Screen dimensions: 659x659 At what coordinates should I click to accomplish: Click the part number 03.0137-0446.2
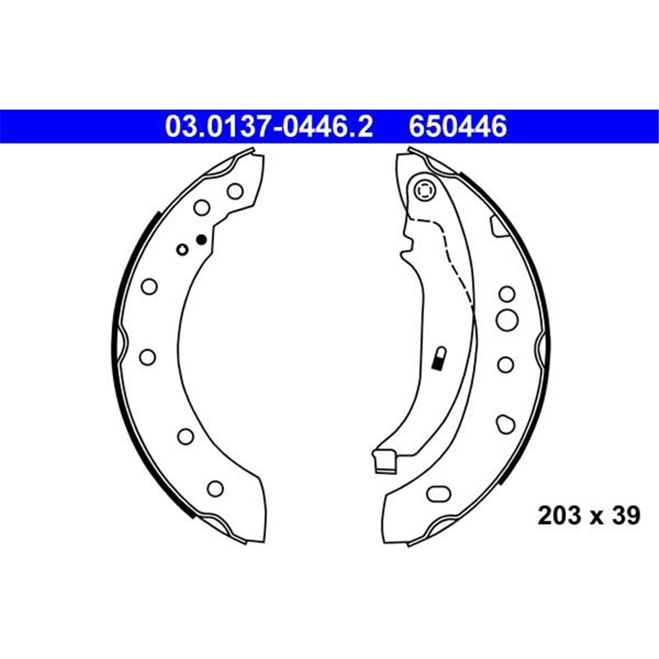270,127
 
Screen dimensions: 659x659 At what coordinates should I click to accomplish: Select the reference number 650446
456,127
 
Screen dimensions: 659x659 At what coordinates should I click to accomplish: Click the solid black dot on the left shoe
199,240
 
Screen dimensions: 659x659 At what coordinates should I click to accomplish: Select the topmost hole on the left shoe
235,191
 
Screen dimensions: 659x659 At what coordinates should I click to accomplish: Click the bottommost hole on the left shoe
215,488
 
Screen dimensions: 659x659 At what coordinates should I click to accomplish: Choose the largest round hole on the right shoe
507,319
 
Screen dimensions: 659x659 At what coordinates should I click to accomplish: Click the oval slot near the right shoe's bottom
437,494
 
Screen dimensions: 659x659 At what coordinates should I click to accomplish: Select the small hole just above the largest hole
507,292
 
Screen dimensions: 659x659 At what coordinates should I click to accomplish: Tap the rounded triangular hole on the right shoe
505,423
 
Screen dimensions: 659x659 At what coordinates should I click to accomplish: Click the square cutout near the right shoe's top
499,222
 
